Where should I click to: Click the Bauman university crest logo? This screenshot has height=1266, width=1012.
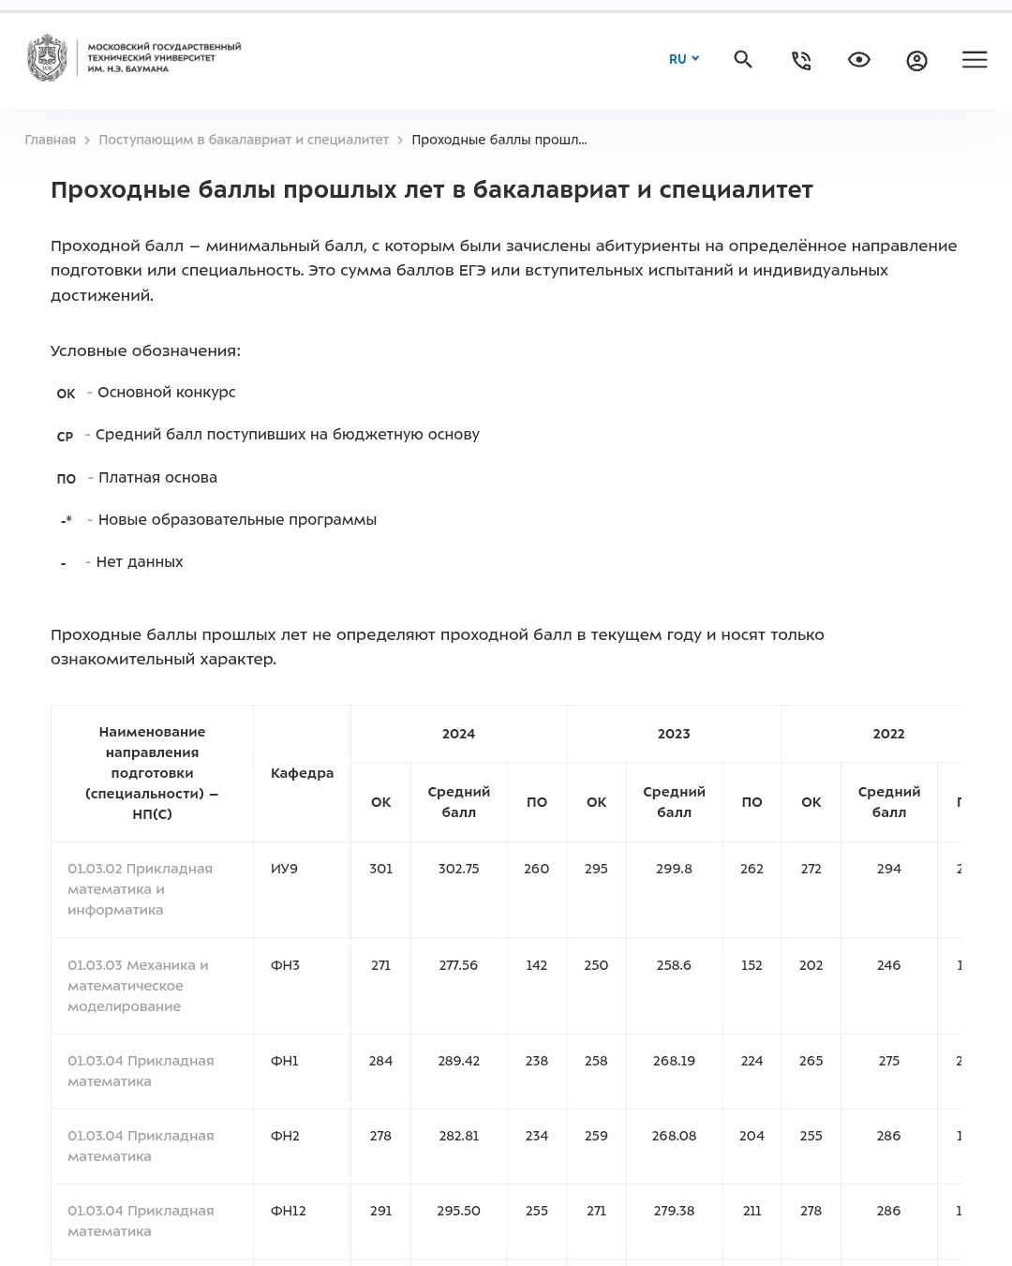(47, 58)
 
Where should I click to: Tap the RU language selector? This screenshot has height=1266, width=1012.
(683, 59)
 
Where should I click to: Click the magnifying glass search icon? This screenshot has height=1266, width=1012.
(743, 60)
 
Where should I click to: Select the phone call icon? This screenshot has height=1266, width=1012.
(801, 61)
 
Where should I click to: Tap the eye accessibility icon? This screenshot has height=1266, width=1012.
(858, 60)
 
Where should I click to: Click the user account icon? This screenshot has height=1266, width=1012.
(916, 61)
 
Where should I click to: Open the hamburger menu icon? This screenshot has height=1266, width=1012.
(975, 60)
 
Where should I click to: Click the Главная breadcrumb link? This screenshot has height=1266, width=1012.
(51, 140)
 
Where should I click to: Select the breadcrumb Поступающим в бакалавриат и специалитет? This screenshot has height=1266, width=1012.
(244, 140)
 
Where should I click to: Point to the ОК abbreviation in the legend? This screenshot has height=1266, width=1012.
(66, 394)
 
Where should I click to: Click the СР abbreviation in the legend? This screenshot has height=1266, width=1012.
(65, 436)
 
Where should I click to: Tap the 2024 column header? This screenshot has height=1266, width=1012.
(458, 734)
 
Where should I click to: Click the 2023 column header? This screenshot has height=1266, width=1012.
(674, 734)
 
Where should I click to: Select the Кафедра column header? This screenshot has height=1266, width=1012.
(302, 773)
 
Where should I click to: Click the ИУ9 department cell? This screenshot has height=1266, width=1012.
(284, 869)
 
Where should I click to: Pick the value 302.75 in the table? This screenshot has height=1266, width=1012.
(458, 869)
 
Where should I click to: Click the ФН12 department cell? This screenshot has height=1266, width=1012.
(289, 1211)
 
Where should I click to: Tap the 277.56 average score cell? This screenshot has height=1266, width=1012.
(458, 965)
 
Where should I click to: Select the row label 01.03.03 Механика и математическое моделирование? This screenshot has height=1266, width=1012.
(138, 985)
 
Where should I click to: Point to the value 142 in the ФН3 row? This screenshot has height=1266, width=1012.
(536, 965)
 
